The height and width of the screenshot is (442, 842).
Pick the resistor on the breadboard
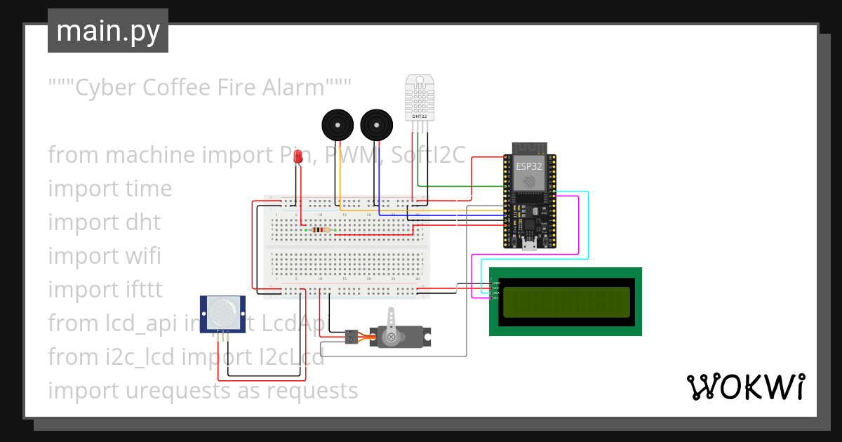click(321, 229)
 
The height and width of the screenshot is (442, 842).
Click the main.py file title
click(107, 32)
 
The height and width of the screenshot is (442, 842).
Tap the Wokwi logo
click(745, 387)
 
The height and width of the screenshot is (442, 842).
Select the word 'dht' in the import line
click(143, 222)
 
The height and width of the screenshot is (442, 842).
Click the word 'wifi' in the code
click(143, 256)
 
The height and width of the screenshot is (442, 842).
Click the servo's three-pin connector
click(351, 337)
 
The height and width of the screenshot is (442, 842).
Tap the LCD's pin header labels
click(495, 290)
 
